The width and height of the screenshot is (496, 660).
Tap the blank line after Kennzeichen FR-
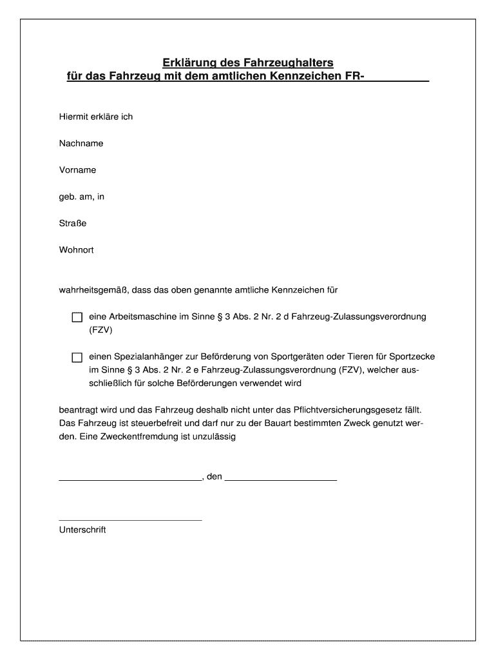[x=396, y=79]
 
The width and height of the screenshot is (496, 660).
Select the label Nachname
[x=81, y=143]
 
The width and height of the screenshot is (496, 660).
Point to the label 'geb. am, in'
[x=81, y=197]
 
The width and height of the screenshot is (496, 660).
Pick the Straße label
[x=73, y=223]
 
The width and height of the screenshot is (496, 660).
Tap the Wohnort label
[x=77, y=249]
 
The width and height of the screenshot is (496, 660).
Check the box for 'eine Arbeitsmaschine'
[x=77, y=317]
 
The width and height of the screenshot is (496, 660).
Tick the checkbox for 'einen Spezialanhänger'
[x=77, y=357]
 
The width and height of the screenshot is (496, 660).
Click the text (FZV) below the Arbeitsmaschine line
[x=100, y=330]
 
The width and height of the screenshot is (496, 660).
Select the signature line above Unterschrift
[x=130, y=519]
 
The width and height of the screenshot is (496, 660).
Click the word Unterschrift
[x=82, y=530]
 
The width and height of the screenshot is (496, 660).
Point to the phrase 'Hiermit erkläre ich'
[x=96, y=117]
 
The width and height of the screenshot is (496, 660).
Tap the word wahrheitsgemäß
[x=93, y=290]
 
